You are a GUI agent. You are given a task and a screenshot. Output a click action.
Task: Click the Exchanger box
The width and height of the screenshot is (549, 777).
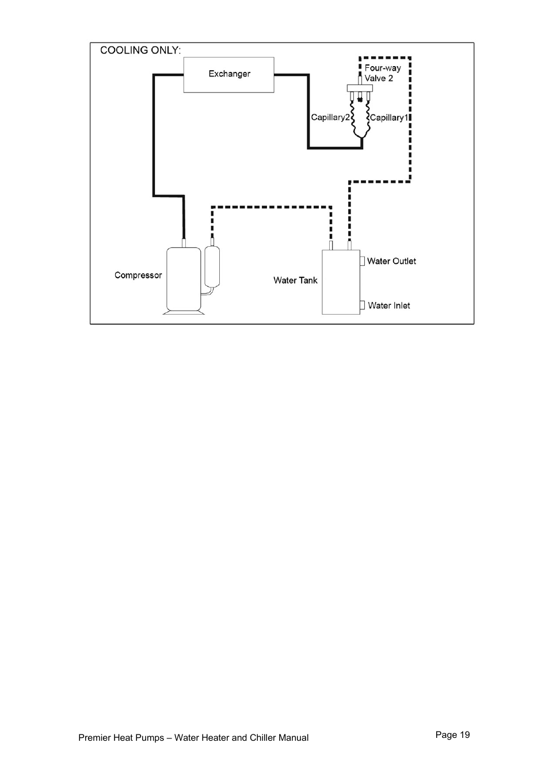(x=228, y=75)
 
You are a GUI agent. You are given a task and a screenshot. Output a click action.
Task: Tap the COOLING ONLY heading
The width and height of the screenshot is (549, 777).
(x=140, y=51)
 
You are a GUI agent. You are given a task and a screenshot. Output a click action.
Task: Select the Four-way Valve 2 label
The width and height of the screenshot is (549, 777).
(x=382, y=73)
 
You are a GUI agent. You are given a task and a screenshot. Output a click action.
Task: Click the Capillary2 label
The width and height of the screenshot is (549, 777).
(x=330, y=117)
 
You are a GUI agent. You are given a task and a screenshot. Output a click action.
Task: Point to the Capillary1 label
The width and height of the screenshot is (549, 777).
(x=388, y=117)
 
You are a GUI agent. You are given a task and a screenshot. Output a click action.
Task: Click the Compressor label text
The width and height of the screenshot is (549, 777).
(x=138, y=275)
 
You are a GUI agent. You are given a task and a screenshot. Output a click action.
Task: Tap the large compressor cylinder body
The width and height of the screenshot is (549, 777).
(x=184, y=278)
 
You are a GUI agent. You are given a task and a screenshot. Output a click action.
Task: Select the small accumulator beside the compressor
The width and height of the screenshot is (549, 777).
(x=212, y=266)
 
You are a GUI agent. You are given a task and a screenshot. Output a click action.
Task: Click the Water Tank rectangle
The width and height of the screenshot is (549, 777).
(x=341, y=282)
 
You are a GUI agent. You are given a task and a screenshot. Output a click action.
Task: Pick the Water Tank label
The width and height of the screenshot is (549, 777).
(x=295, y=281)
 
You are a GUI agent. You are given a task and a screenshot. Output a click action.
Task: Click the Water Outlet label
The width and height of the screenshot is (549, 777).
(x=391, y=261)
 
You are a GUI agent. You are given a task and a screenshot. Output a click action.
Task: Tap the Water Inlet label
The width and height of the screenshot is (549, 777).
(x=389, y=305)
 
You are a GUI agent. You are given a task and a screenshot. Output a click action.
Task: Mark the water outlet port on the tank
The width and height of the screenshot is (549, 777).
(x=363, y=261)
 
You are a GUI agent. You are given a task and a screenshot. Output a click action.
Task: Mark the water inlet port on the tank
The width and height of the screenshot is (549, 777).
(x=363, y=305)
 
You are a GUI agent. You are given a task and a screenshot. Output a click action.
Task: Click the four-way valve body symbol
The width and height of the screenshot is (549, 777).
(x=360, y=88)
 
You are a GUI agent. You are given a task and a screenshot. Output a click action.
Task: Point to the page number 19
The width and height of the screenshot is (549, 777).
(x=452, y=734)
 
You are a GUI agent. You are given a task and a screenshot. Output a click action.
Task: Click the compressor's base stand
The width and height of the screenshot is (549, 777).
(x=184, y=312)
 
